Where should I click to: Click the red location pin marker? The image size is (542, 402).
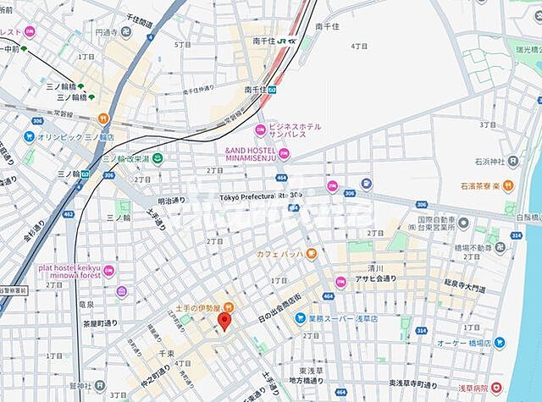pos(224,321)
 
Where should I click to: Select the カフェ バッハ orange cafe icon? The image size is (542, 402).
pos(312,253)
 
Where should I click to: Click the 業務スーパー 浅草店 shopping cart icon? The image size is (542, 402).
pos(300,318)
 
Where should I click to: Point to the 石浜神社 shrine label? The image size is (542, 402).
pos(489,162)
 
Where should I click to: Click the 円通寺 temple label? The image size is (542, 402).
pos(106,32)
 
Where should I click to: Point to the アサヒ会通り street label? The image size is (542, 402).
pos(376,278)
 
